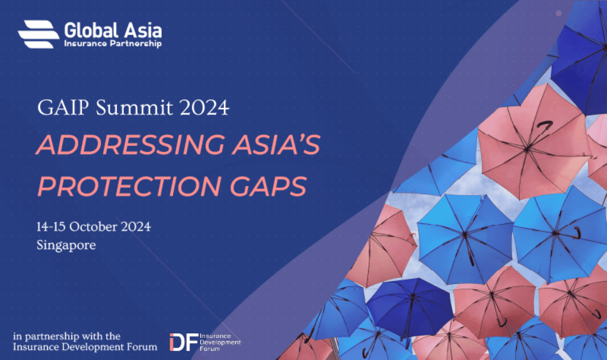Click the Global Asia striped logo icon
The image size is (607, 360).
(x=39, y=33)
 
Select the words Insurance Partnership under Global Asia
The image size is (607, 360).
(x=113, y=44)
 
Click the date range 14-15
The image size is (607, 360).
(x=50, y=227)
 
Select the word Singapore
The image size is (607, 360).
(x=66, y=244)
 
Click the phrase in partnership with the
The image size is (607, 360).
(x=66, y=336)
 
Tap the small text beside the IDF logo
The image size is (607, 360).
(x=221, y=342)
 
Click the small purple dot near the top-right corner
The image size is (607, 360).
(x=558, y=12)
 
